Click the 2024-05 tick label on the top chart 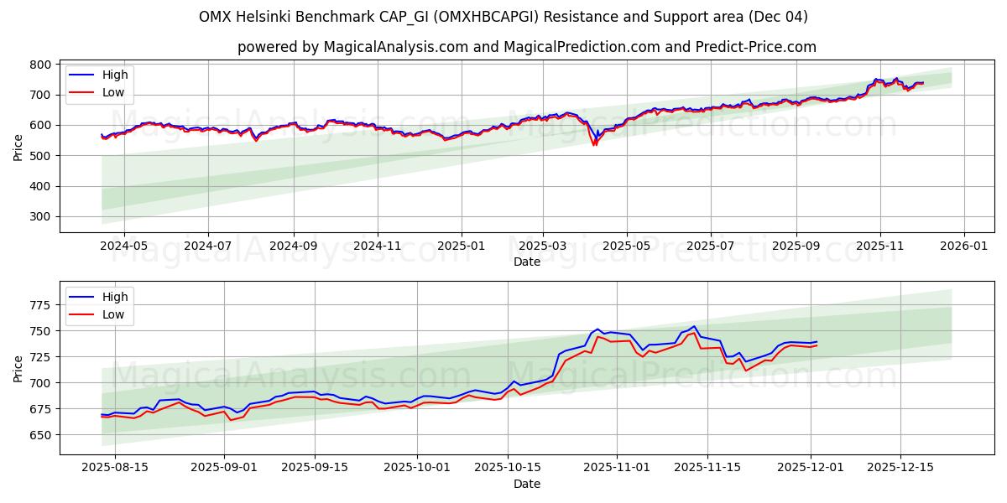point(123,246)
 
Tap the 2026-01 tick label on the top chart point(963,246)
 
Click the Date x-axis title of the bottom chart point(527,484)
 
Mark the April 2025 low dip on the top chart point(595,144)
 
